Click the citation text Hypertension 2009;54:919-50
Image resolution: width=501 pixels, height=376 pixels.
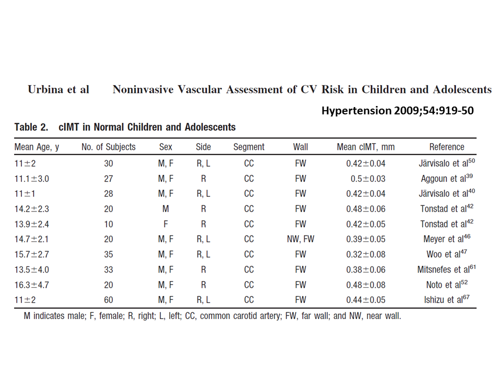pyautogui.click(x=397, y=111)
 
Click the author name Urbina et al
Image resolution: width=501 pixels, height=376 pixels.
pyautogui.click(x=58, y=89)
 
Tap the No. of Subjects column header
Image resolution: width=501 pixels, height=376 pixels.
pyautogui.click(x=109, y=147)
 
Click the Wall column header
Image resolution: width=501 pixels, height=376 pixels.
pyautogui.click(x=300, y=147)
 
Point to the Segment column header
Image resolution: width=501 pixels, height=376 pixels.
pyautogui.click(x=249, y=147)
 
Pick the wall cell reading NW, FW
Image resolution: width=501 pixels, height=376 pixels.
pyautogui.click(x=300, y=239)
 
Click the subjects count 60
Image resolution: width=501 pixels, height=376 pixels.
pyautogui.click(x=109, y=300)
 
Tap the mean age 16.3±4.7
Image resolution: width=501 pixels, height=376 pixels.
pyautogui.click(x=32, y=285)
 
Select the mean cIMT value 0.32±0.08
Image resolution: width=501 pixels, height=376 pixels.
pyautogui.click(x=366, y=254)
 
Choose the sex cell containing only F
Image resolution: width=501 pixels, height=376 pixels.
pyautogui.click(x=165, y=224)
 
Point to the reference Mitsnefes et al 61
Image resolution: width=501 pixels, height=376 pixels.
pyautogui.click(x=446, y=269)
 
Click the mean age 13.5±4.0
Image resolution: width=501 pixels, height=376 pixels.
pyautogui.click(x=32, y=269)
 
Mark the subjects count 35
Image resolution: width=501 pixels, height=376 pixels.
pyautogui.click(x=109, y=254)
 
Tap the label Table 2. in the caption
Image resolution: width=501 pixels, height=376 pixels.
pyautogui.click(x=32, y=127)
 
